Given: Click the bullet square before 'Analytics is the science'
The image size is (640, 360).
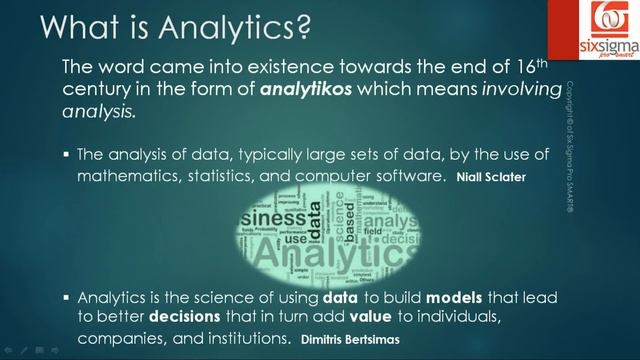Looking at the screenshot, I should coord(64,298).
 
